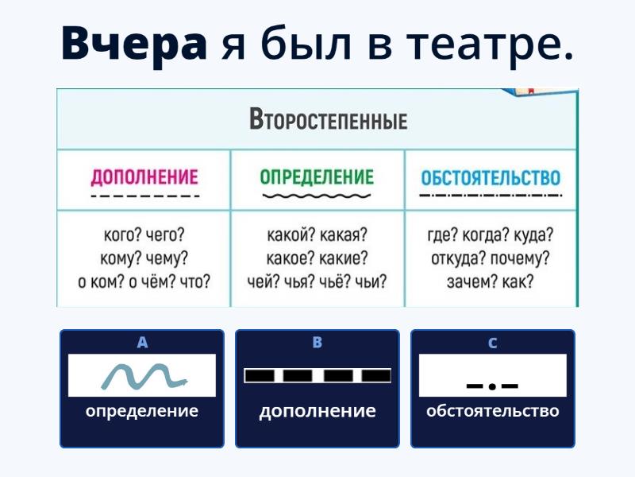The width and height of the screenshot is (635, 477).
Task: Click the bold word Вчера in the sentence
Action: pyautogui.click(x=134, y=44)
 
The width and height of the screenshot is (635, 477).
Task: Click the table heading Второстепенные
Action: pyautogui.click(x=329, y=119)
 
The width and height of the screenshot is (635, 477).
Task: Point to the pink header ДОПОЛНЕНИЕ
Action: pyautogui.click(x=144, y=177)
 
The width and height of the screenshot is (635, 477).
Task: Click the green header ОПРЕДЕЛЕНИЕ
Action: pyautogui.click(x=317, y=177)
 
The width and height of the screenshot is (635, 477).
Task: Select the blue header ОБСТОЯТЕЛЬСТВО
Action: pyautogui.click(x=491, y=177)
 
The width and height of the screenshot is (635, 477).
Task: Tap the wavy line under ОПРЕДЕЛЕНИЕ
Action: pyautogui.click(x=317, y=196)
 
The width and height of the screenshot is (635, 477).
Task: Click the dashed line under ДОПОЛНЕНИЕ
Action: pyautogui.click(x=145, y=196)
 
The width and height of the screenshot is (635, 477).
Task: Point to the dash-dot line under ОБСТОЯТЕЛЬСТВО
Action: pyautogui.click(x=491, y=196)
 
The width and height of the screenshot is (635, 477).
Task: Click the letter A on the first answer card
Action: pyautogui.click(x=142, y=343)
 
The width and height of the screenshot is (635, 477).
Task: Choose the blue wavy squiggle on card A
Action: pyautogui.click(x=144, y=376)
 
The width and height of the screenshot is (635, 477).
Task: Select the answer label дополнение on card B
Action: pyautogui.click(x=317, y=411)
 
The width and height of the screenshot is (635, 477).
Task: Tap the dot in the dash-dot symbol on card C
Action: pyautogui.click(x=492, y=386)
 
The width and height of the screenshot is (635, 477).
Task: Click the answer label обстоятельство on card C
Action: pyautogui.click(x=492, y=411)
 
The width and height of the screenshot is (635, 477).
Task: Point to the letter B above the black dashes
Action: pyautogui.click(x=317, y=343)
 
